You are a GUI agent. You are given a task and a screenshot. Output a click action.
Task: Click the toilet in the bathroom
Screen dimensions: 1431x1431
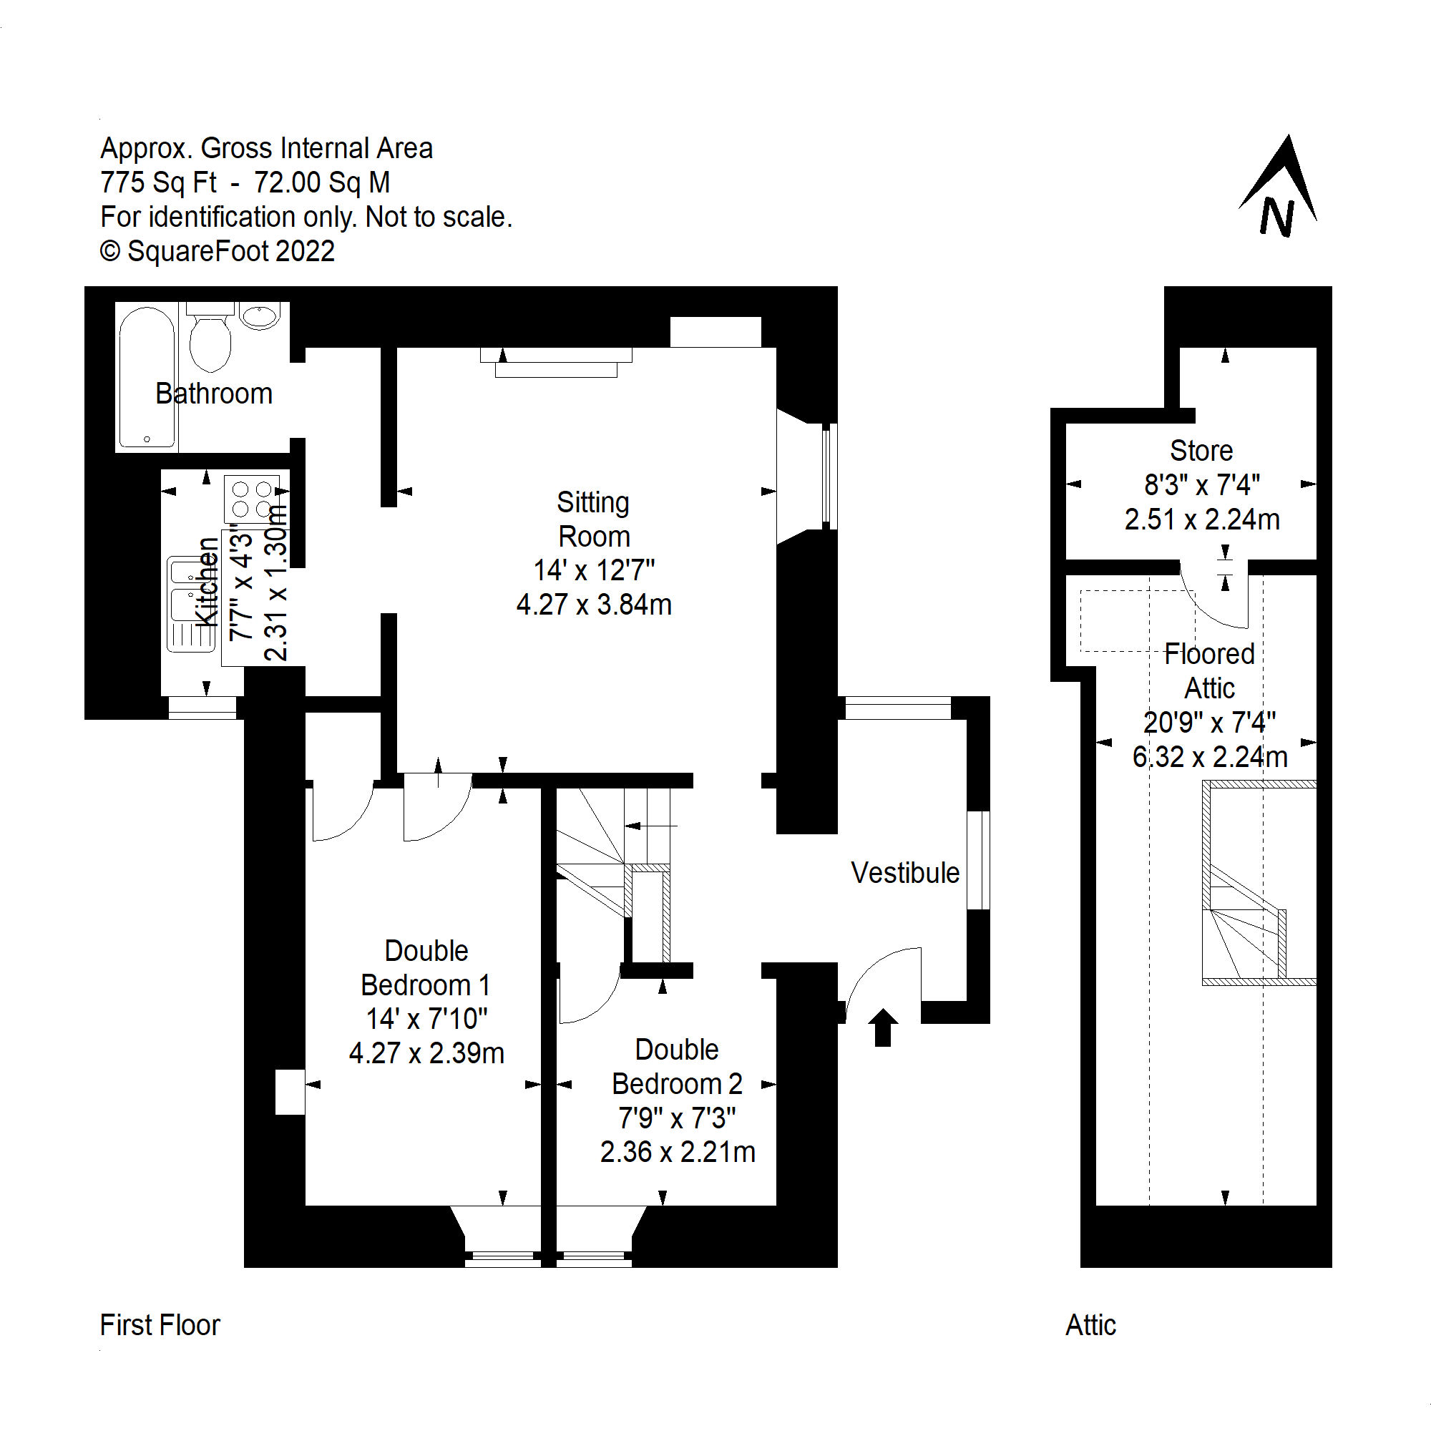click(210, 340)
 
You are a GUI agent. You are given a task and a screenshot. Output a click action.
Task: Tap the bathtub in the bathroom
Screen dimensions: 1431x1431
click(147, 377)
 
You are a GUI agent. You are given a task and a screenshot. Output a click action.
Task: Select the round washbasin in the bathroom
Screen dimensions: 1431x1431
click(259, 316)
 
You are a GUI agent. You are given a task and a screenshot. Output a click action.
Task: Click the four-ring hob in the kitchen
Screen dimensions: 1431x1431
click(252, 499)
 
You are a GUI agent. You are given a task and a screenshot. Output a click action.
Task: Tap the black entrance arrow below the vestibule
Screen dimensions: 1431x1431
click(883, 1027)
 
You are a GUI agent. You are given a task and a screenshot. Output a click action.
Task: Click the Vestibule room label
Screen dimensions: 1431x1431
click(904, 872)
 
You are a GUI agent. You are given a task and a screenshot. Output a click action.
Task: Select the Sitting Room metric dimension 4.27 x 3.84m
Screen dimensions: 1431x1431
click(594, 605)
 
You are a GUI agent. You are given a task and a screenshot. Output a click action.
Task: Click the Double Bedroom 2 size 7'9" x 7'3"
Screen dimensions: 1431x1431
click(677, 1118)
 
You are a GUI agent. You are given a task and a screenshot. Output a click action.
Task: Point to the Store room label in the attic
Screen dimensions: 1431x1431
click(1201, 450)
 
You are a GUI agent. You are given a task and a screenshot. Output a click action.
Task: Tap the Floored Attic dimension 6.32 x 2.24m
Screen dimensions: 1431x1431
click(1209, 756)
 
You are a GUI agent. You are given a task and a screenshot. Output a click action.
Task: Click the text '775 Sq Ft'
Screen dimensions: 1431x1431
click(159, 182)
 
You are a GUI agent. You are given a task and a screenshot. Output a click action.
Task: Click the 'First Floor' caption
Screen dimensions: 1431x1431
click(160, 1325)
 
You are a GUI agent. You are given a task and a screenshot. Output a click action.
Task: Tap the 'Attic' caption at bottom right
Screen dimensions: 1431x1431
click(1090, 1325)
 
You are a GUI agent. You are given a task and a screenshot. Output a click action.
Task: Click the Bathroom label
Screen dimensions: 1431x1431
click(214, 394)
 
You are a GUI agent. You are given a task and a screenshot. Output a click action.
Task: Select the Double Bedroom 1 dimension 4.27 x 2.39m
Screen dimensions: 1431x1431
click(426, 1053)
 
